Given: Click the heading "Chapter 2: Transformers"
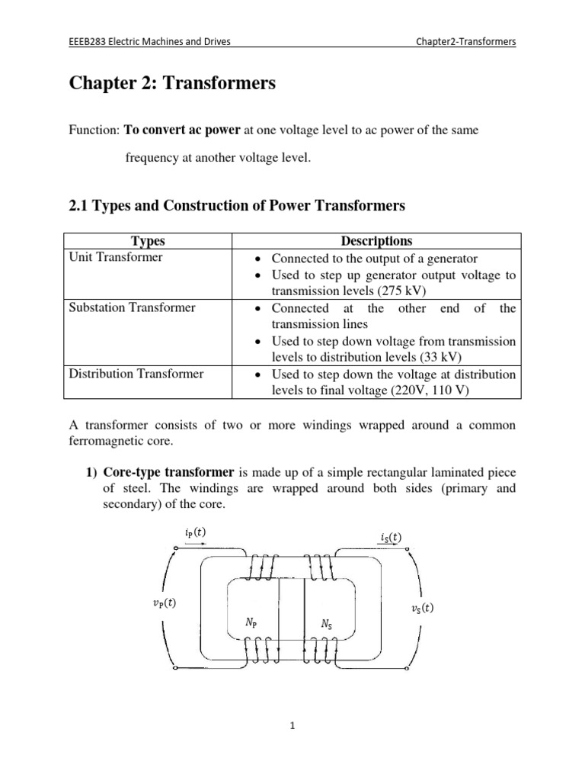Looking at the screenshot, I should coord(172,85).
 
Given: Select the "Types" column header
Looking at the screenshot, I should coord(148,242).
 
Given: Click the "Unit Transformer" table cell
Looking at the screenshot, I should coord(116,258).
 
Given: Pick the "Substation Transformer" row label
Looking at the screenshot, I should coord(132,308).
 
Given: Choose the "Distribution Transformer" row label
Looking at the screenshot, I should coord(136,374).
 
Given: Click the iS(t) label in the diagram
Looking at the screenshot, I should coord(389,538).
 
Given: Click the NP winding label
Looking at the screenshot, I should coord(252,622).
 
